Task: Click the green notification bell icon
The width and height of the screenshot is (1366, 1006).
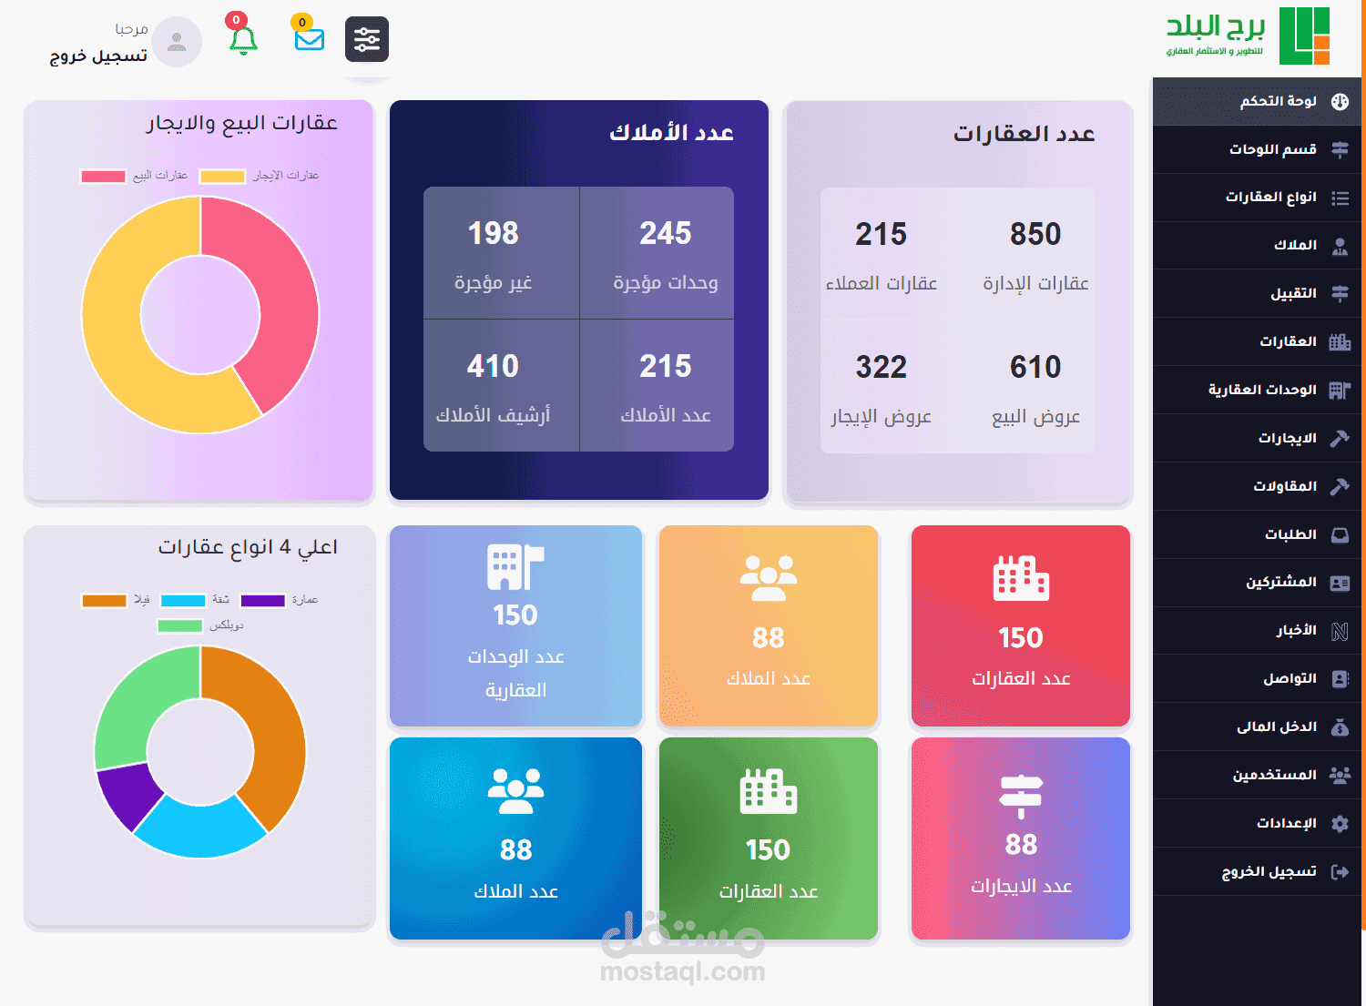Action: [243, 40]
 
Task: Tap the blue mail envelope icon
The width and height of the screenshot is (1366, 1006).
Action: [310, 39]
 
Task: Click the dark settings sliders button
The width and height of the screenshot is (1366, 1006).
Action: [367, 39]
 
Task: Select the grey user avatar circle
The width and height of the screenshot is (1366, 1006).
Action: [177, 41]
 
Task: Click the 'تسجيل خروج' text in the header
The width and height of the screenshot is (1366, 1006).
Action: [98, 56]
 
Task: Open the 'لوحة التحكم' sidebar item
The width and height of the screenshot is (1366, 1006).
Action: [1278, 101]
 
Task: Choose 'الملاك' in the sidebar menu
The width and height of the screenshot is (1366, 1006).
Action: [1295, 245]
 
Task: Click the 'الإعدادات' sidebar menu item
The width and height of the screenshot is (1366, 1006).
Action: [1286, 823]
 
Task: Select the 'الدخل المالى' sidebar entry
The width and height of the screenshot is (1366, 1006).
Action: [1276, 727]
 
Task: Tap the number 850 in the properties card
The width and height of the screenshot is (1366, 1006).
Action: [1035, 234]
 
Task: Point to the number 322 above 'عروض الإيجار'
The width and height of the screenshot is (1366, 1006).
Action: [881, 367]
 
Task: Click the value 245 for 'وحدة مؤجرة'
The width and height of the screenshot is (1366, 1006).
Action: [665, 233]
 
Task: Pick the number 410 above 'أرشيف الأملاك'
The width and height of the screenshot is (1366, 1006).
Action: [493, 366]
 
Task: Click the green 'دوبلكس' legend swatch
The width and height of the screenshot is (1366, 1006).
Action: [179, 625]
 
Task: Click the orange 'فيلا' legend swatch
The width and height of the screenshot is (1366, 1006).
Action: [104, 600]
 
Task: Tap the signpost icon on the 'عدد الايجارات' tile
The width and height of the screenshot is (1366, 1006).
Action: [1021, 795]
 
